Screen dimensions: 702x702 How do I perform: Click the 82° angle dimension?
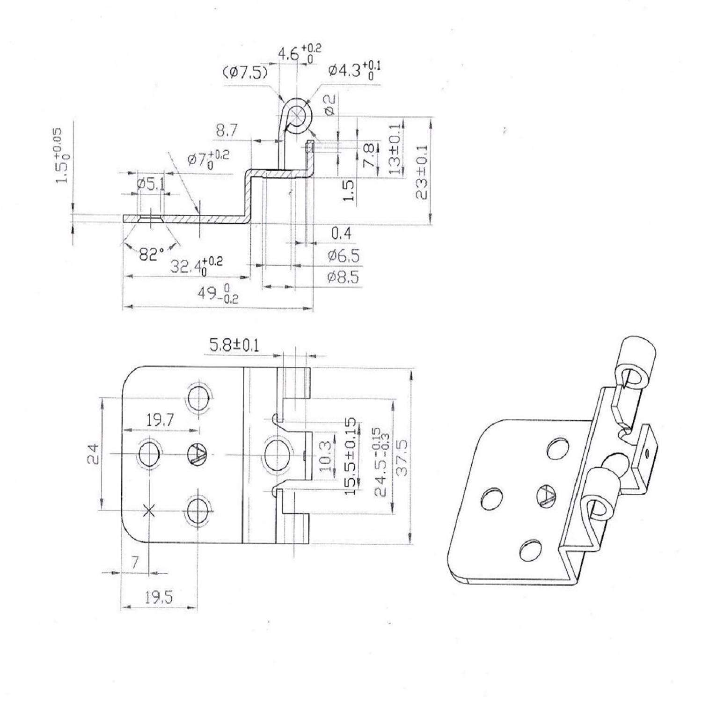[151, 255]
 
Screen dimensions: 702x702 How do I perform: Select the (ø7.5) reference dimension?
[245, 72]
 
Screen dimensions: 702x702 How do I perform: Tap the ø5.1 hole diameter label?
[151, 184]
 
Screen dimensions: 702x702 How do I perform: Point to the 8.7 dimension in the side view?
[227, 132]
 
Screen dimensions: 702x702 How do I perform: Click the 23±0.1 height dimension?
[423, 172]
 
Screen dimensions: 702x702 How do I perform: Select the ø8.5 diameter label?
[343, 278]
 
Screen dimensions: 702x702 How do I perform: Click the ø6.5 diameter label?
[343, 256]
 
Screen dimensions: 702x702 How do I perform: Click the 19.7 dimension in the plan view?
[160, 420]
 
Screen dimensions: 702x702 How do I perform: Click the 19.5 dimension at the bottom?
[158, 597]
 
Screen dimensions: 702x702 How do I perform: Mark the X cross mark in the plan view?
[149, 511]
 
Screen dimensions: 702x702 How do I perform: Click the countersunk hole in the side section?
[150, 218]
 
